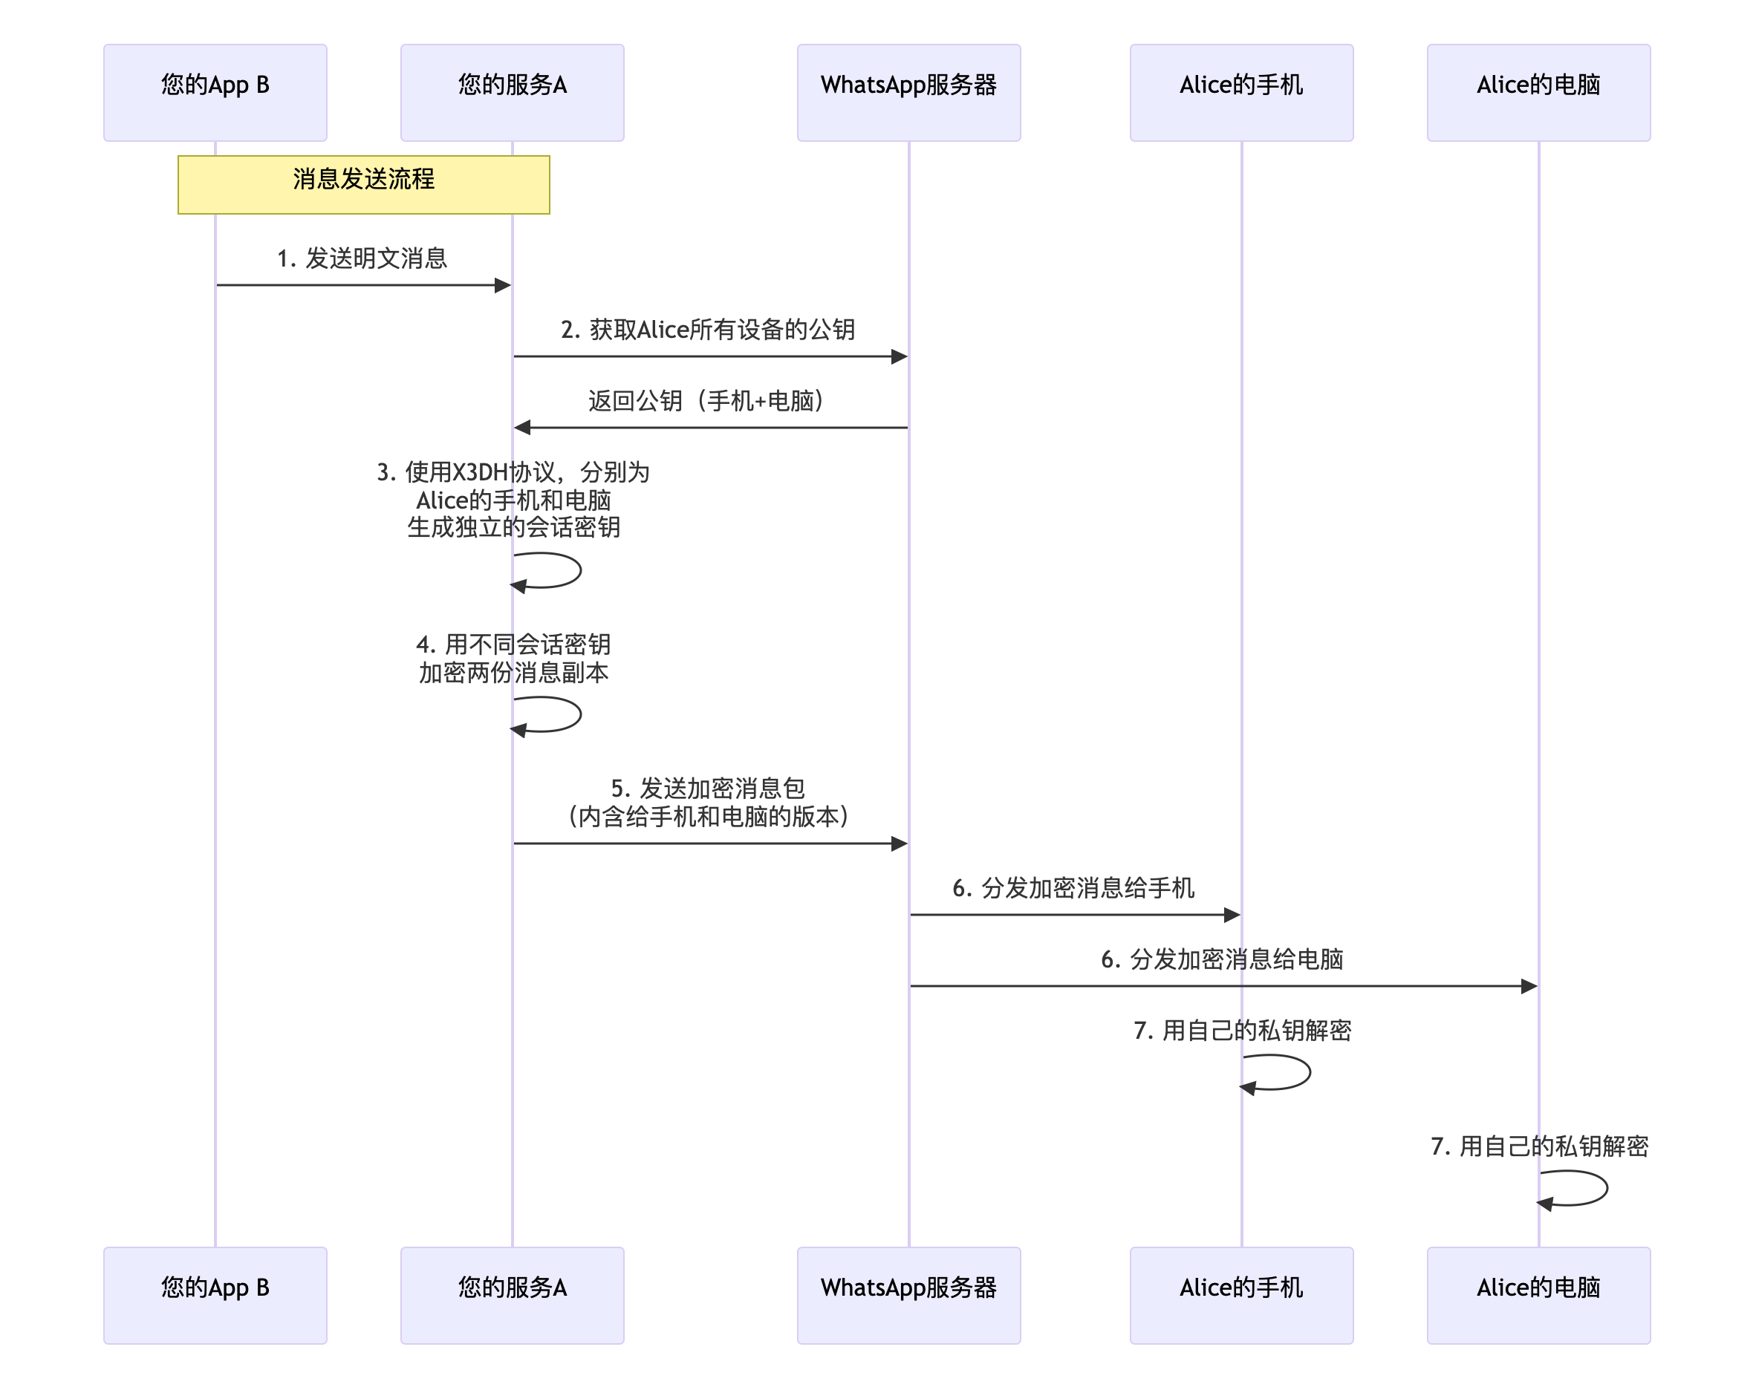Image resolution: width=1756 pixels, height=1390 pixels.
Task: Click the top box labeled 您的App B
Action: (x=215, y=92)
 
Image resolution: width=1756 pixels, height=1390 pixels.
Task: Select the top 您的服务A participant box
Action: (x=511, y=92)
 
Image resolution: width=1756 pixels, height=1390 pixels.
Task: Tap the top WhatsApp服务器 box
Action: (x=908, y=92)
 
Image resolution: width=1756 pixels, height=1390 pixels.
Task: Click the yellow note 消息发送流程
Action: (x=363, y=184)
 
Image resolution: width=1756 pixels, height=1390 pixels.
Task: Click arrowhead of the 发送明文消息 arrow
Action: (x=503, y=285)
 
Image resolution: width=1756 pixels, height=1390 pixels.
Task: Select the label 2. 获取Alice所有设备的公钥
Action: (x=706, y=329)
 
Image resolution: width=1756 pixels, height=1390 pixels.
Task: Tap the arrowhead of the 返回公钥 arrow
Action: (x=523, y=427)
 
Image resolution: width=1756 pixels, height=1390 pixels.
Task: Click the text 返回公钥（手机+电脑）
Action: (x=706, y=400)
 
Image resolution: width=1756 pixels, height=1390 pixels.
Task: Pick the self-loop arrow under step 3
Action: (x=562, y=570)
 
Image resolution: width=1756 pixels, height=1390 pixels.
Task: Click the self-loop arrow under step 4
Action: (x=562, y=714)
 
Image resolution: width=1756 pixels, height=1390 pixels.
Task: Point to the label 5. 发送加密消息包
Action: (x=706, y=788)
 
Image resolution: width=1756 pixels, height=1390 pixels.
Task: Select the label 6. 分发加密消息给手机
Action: (x=1072, y=887)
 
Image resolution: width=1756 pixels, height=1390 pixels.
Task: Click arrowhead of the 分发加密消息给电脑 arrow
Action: (x=1528, y=985)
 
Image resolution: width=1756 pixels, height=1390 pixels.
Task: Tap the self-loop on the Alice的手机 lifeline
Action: (x=1290, y=1071)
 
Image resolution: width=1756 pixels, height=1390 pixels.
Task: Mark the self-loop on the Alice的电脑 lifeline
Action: (x=1587, y=1187)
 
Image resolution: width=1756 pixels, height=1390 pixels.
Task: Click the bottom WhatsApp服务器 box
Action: (x=908, y=1294)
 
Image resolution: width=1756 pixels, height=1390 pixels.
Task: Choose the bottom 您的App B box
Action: (x=215, y=1294)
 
